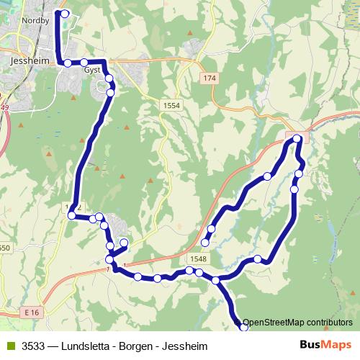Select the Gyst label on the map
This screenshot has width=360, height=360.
[x=91, y=71]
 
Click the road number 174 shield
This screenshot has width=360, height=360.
[x=210, y=77]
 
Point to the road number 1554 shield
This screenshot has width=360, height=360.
[x=171, y=105]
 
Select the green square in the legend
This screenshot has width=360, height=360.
[x=9, y=344]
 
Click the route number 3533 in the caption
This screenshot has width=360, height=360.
[x=33, y=344]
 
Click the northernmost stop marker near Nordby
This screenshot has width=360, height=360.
[x=65, y=14]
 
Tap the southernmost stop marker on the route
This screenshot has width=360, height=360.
[x=243, y=328]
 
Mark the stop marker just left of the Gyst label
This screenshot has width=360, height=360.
[x=84, y=62]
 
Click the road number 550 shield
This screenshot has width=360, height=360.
[x=4, y=248]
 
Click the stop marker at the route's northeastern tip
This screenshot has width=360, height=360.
[x=297, y=138]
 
